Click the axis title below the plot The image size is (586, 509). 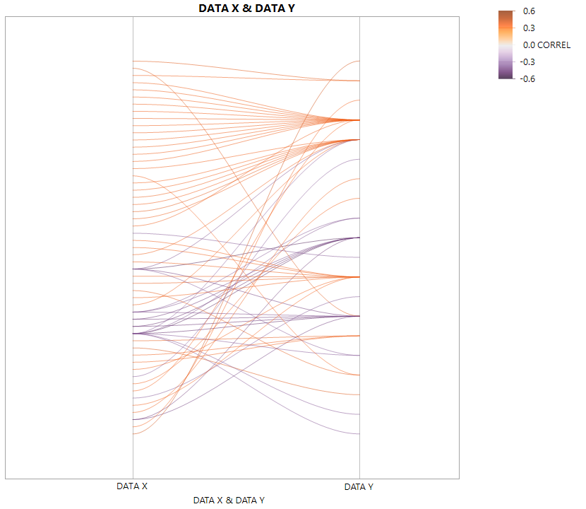pyautogui.click(x=229, y=500)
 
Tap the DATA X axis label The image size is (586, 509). pyautogui.click(x=132, y=486)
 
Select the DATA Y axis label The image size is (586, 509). pyautogui.click(x=359, y=486)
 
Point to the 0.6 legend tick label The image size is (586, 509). pyautogui.click(x=529, y=11)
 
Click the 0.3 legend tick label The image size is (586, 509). pyautogui.click(x=529, y=28)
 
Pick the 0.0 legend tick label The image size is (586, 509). pyautogui.click(x=529, y=45)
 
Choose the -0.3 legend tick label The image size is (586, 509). pyautogui.click(x=527, y=62)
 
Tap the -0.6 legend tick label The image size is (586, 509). pyautogui.click(x=527, y=78)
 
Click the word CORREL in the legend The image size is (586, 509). pyautogui.click(x=554, y=45)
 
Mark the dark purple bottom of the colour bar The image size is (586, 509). pyautogui.click(x=506, y=76)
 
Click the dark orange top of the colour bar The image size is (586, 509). pyautogui.click(x=506, y=13)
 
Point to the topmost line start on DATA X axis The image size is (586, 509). pyautogui.click(x=133, y=62)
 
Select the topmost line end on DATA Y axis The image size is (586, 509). pyautogui.click(x=359, y=61)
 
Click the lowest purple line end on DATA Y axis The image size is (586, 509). pyautogui.click(x=359, y=434)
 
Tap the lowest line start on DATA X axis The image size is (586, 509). pyautogui.click(x=133, y=433)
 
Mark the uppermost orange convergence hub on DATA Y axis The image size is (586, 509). pyautogui.click(x=359, y=120)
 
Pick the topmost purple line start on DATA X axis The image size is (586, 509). pyautogui.click(x=133, y=233)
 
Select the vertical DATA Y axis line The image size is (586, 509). pyautogui.click(x=359, y=460)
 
